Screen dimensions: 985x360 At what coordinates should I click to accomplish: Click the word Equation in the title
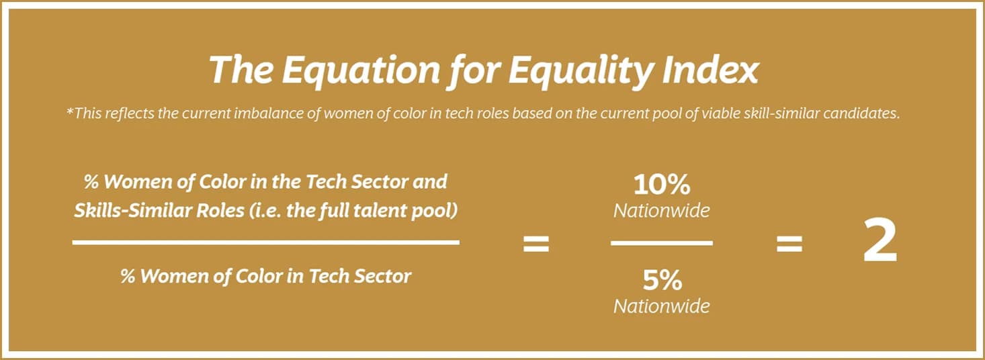[361, 71]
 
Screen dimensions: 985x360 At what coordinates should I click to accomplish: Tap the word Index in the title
[711, 69]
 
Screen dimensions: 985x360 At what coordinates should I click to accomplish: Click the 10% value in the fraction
[662, 185]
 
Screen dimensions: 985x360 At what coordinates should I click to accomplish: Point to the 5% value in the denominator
[662, 280]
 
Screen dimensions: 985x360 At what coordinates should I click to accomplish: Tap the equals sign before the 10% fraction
[536, 244]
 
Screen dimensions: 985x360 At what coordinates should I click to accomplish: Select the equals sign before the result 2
[789, 244]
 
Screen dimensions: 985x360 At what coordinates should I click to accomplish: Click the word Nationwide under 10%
[661, 211]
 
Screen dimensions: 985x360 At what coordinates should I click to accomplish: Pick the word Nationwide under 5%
[661, 306]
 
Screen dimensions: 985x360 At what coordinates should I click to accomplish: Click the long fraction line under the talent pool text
[265, 242]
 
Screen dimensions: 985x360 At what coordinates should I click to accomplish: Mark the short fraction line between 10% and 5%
[662, 243]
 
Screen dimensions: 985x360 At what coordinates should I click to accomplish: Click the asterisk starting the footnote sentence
[69, 111]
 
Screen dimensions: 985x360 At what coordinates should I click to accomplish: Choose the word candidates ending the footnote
[861, 114]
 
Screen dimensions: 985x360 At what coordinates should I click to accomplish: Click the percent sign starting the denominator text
[128, 276]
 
